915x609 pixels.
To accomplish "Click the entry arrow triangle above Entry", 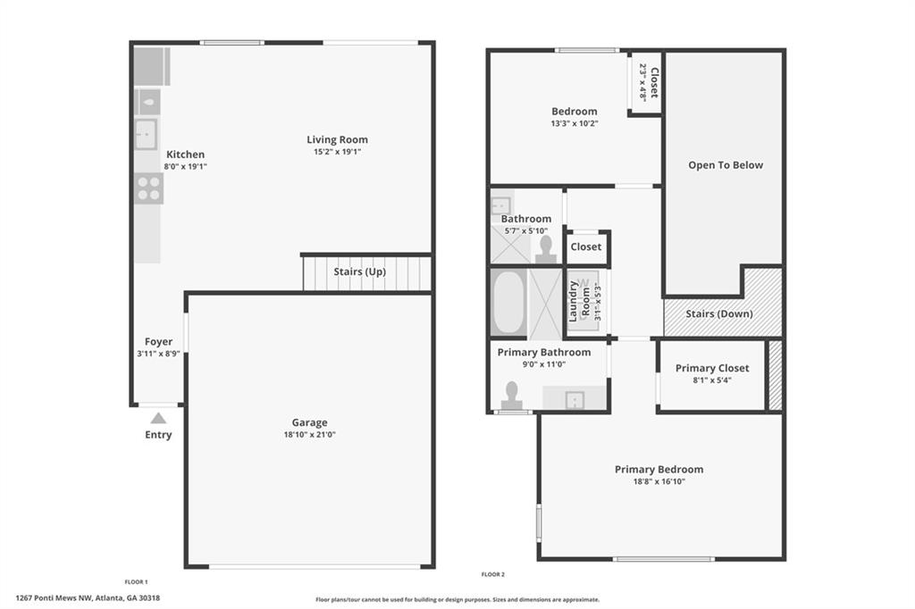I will [158, 417].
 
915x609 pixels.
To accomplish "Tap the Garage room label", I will [309, 422].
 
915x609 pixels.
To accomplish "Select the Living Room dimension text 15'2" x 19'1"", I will [337, 152].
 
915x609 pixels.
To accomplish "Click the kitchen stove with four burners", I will [148, 188].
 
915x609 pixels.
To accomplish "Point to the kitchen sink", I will [146, 134].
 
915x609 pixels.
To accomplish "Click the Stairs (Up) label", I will [359, 271].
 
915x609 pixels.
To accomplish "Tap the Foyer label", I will [159, 341].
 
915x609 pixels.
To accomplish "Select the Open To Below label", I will [726, 165].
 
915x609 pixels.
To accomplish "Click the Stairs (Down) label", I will [718, 313].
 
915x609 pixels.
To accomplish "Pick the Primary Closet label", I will [712, 368].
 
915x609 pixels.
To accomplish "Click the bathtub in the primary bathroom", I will [508, 301].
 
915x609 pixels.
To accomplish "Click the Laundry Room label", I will [580, 301].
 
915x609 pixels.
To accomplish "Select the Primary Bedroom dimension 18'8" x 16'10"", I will [659, 481].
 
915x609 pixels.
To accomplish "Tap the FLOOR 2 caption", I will [492, 574].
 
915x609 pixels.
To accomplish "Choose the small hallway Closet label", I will [586, 246].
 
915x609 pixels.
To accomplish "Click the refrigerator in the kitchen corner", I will [151, 65].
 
